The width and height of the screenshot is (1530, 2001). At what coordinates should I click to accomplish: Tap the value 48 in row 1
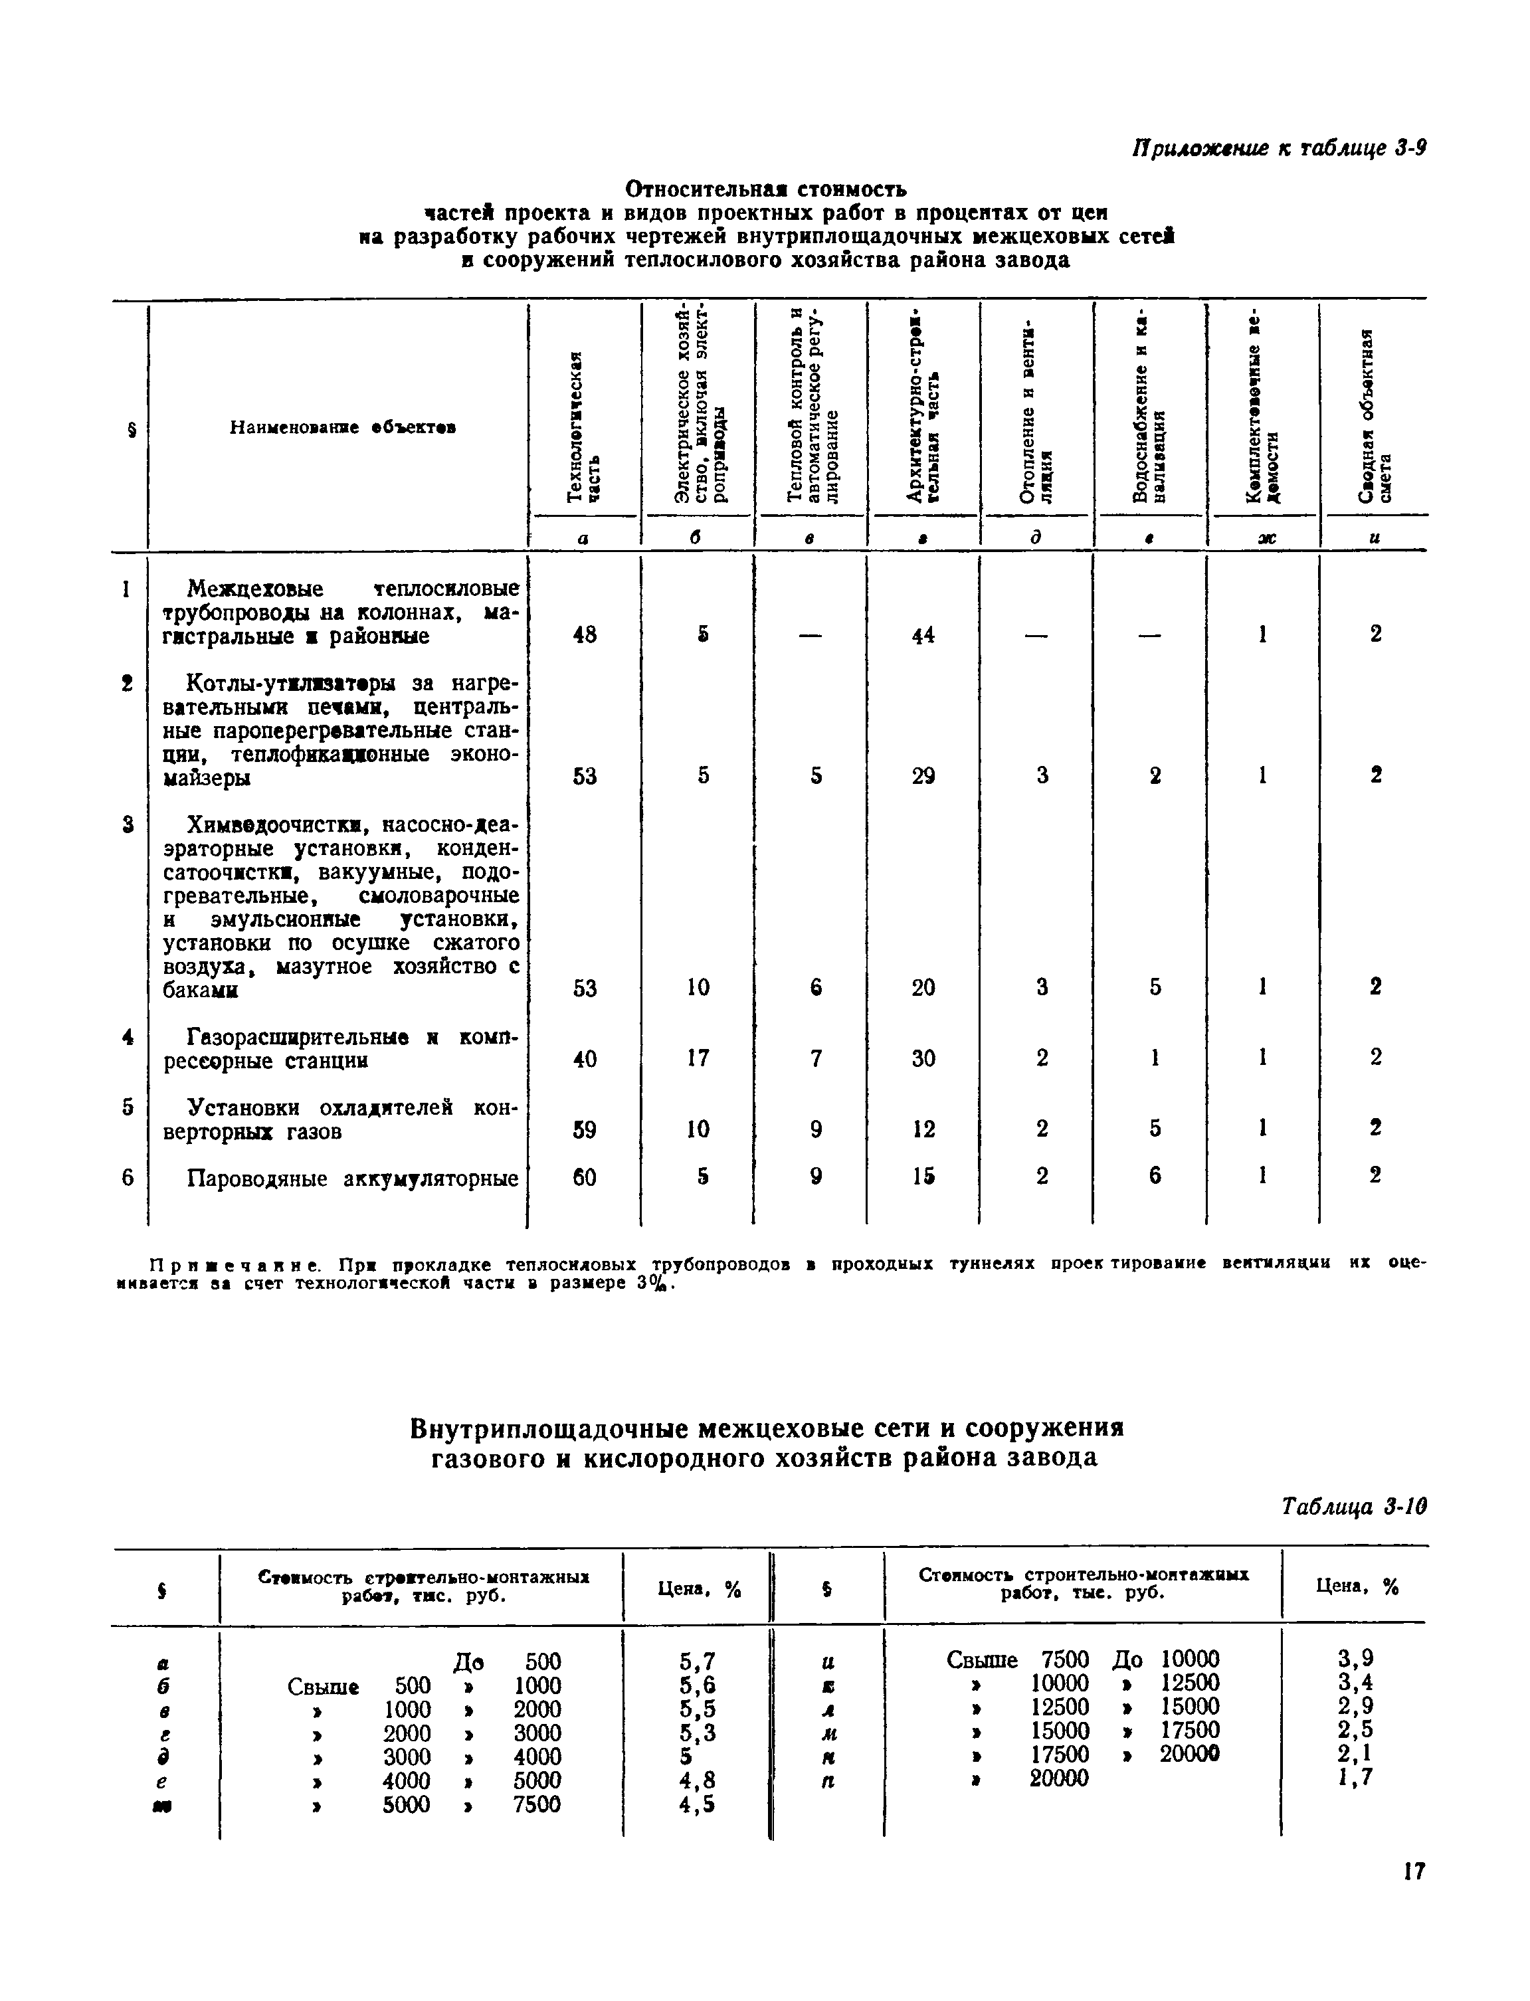pyautogui.click(x=585, y=635)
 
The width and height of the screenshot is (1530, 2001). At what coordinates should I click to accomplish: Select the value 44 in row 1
pyautogui.click(x=923, y=636)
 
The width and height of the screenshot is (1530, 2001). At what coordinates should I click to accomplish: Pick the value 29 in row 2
pyautogui.click(x=923, y=776)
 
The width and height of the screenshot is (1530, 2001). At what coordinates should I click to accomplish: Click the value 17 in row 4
pyautogui.click(x=698, y=1058)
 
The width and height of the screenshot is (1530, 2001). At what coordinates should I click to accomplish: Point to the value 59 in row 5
pyautogui.click(x=585, y=1129)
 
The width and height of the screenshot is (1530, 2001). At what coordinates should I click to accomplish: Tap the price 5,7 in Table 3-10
pyautogui.click(x=697, y=1662)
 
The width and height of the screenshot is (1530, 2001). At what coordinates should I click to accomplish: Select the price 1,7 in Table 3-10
pyautogui.click(x=1355, y=1777)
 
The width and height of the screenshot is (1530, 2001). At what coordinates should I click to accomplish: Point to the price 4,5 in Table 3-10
pyautogui.click(x=697, y=1804)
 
